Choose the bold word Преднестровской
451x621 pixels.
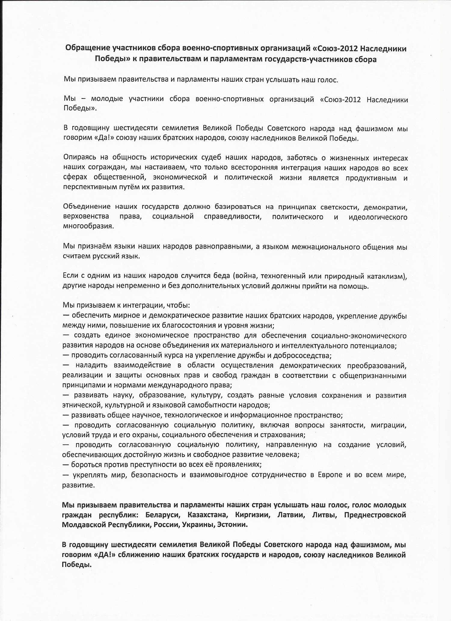point(375,515)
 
